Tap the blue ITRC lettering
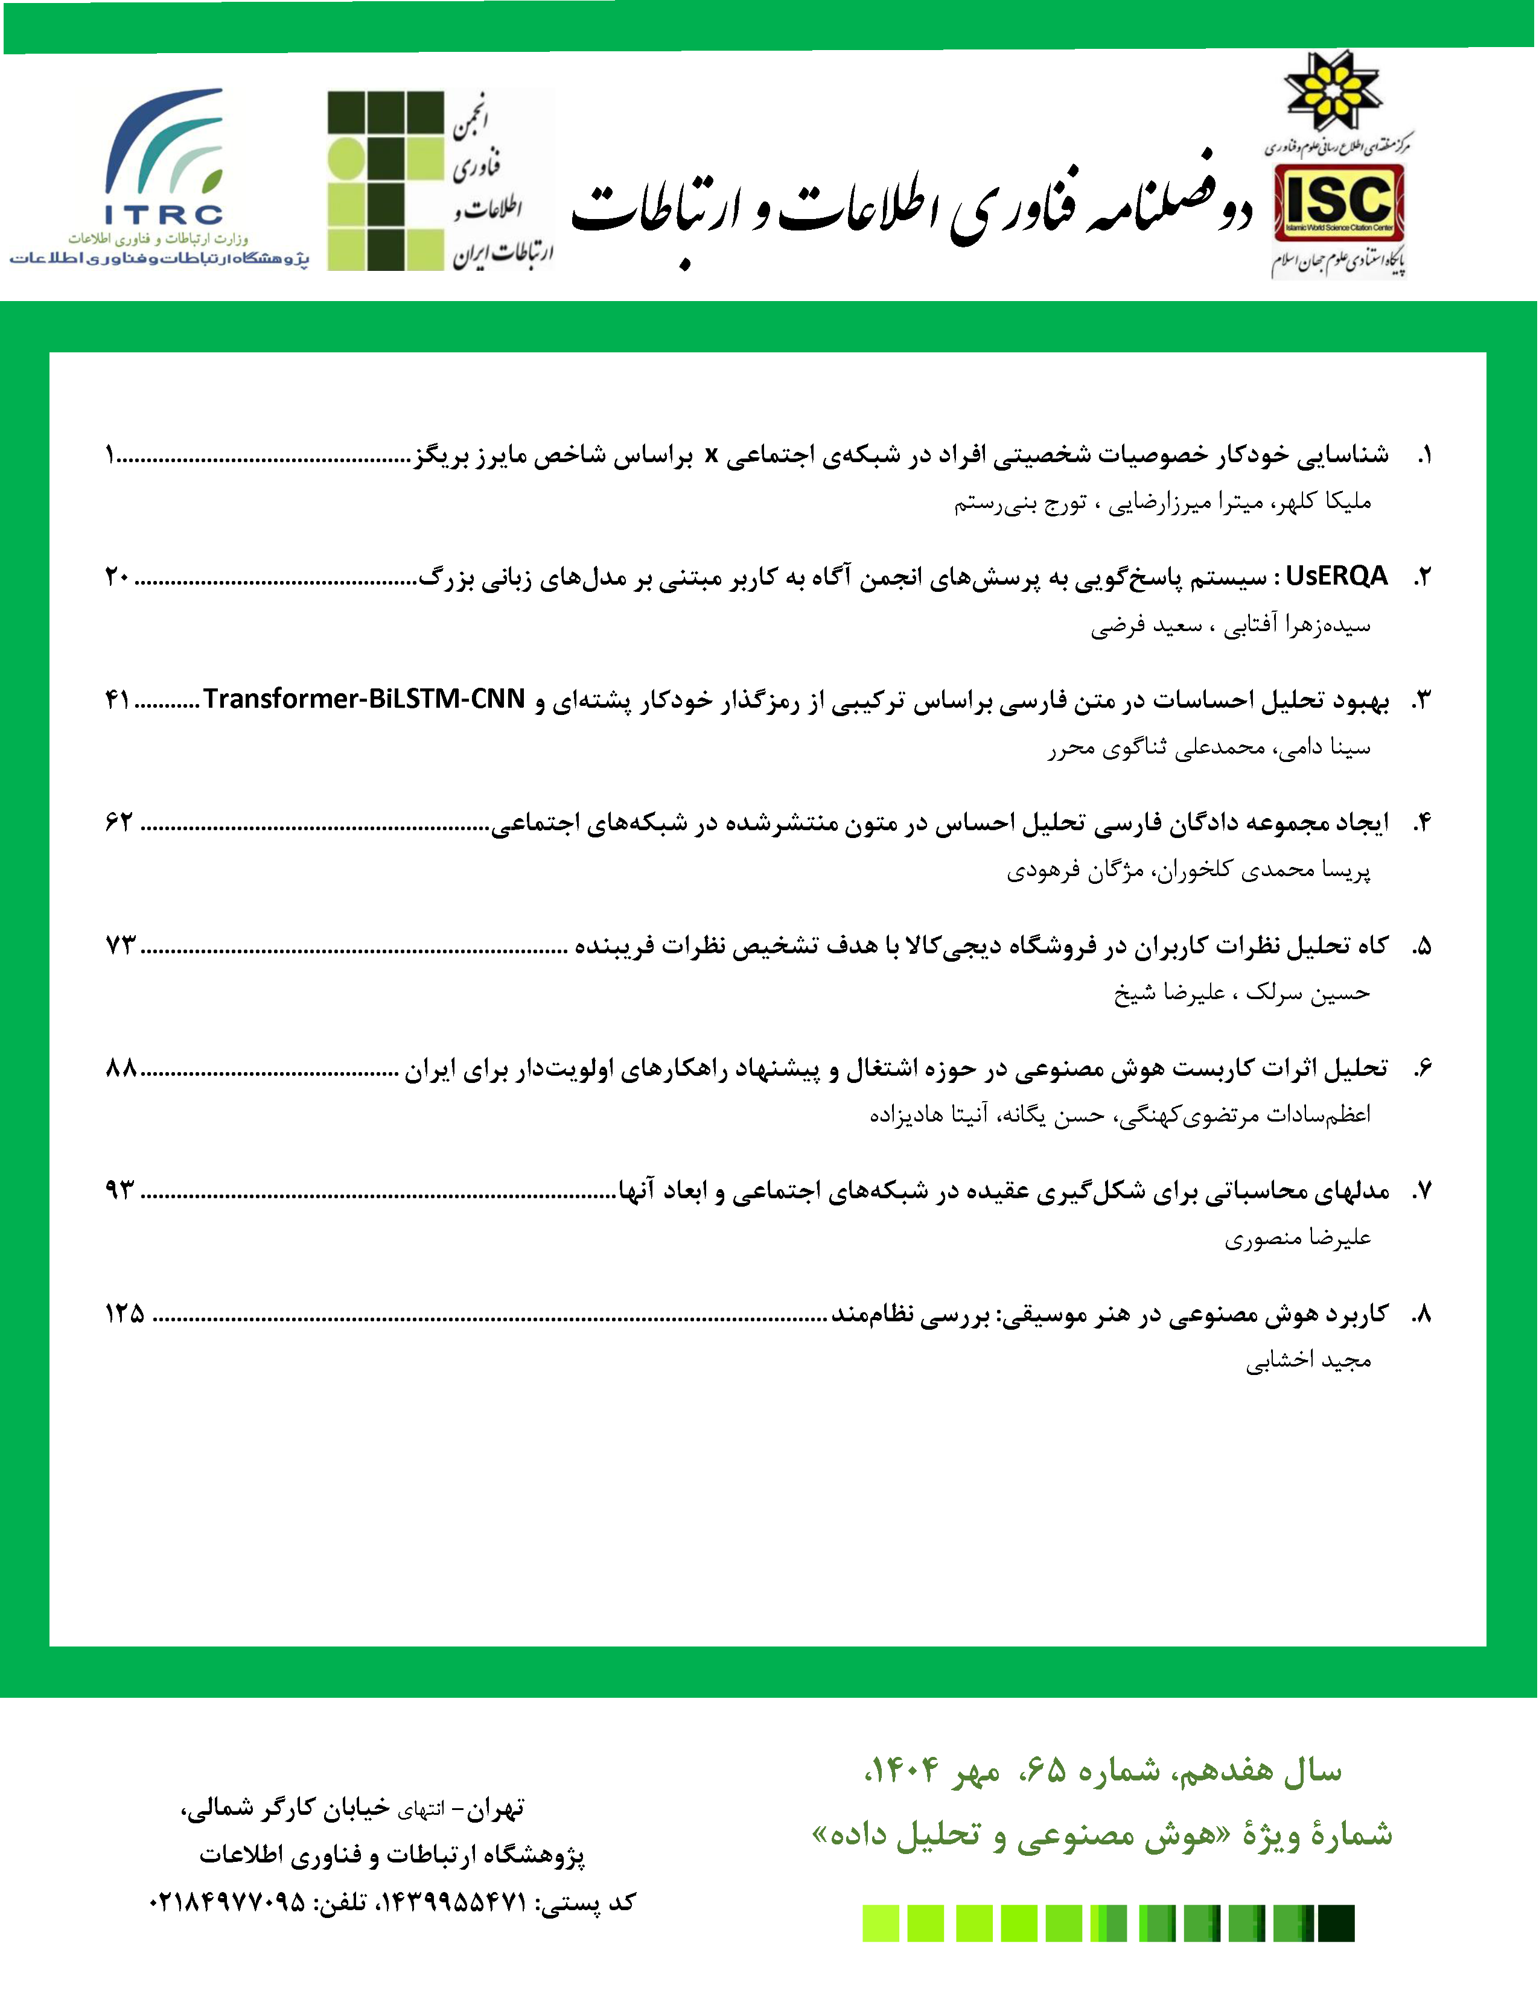click(x=164, y=215)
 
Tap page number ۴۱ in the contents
click(x=118, y=700)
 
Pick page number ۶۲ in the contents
click(x=118, y=822)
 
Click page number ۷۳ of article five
click(x=119, y=945)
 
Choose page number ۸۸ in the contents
click(x=120, y=1067)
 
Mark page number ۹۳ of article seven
click(x=119, y=1190)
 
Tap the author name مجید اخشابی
click(x=1308, y=1360)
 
